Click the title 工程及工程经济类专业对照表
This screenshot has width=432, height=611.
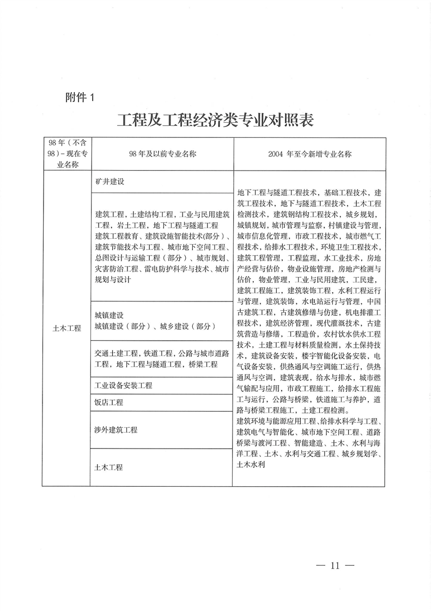[216, 120]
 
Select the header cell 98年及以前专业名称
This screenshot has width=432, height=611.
[162, 154]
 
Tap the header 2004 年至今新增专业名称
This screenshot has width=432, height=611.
[309, 154]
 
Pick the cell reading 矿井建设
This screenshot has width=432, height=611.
[109, 182]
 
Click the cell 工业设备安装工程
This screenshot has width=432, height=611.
[123, 385]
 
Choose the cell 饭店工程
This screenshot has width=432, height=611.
[109, 402]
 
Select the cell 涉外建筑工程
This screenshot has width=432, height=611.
[116, 429]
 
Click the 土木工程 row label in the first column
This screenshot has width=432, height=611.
[66, 328]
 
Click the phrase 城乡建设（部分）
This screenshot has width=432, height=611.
[187, 326]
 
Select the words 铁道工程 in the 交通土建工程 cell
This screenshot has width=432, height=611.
[159, 353]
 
